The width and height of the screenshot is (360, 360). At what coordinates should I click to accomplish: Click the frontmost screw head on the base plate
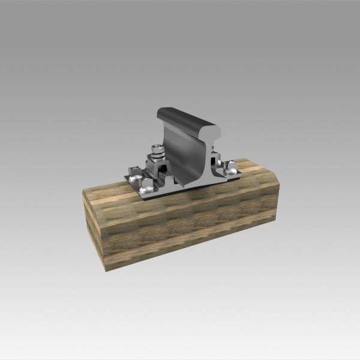[x=147, y=190]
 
